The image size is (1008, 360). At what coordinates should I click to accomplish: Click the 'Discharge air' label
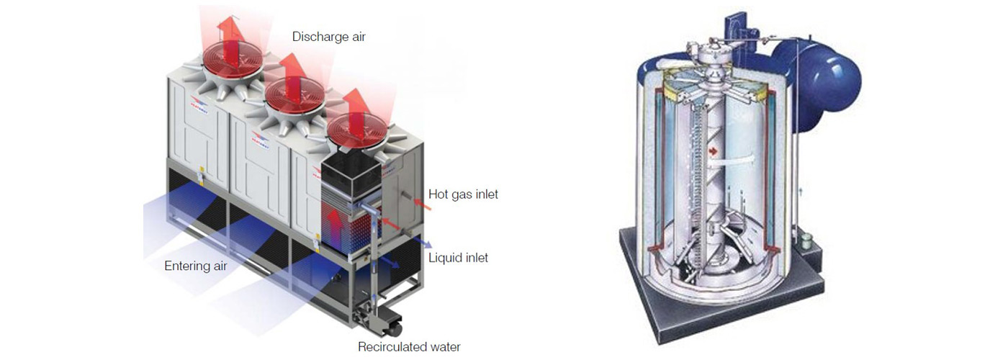328,36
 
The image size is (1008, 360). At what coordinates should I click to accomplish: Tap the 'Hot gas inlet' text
463,194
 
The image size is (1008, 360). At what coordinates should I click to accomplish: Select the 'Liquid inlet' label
458,258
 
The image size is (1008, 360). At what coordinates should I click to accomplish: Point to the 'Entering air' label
196,266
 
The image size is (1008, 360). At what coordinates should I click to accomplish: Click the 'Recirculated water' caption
409,347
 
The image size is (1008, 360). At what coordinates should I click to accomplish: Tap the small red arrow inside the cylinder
713,152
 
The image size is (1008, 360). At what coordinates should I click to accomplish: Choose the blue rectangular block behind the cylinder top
737,29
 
